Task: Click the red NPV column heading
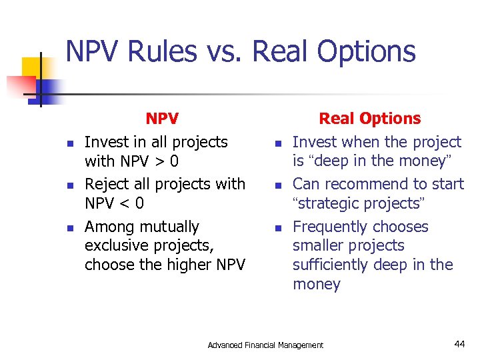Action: (162, 119)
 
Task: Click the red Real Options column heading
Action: (369, 119)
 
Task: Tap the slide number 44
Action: (459, 344)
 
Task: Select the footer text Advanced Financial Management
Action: (265, 345)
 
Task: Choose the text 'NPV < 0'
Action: (114, 203)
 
